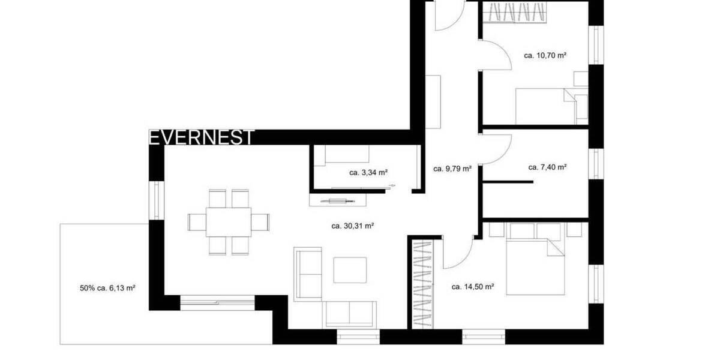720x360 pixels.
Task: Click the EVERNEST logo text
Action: (201, 137)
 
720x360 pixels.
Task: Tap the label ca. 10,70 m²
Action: (545, 55)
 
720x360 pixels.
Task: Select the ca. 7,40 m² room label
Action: (547, 167)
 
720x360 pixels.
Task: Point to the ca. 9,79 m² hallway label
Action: (452, 169)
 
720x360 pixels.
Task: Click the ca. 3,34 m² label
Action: (368, 172)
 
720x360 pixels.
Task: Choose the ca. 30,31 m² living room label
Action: (353, 226)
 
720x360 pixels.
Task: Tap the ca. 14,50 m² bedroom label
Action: (472, 287)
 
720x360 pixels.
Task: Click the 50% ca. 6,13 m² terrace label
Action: (107, 288)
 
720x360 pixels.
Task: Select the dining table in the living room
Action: (229, 222)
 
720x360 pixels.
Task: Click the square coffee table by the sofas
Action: (350, 270)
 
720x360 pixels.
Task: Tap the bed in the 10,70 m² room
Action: (543, 106)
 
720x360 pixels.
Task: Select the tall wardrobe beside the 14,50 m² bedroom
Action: (424, 283)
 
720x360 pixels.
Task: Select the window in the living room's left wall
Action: (157, 200)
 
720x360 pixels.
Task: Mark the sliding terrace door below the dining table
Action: (217, 302)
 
